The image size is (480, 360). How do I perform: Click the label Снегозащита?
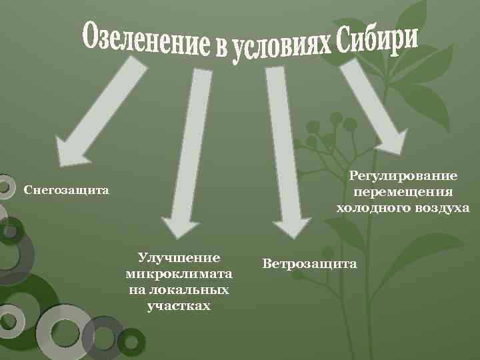pos(66,191)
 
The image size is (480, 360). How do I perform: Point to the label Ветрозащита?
pos(309,264)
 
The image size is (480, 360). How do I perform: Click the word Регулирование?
pos(403,176)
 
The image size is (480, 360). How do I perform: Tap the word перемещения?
pos(403,192)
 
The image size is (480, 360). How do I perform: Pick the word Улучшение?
pos(179,258)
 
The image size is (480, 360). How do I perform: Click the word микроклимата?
pos(179,274)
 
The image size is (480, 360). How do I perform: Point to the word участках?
pos(179,306)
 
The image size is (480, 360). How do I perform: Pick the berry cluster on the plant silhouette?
pos(327,130)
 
